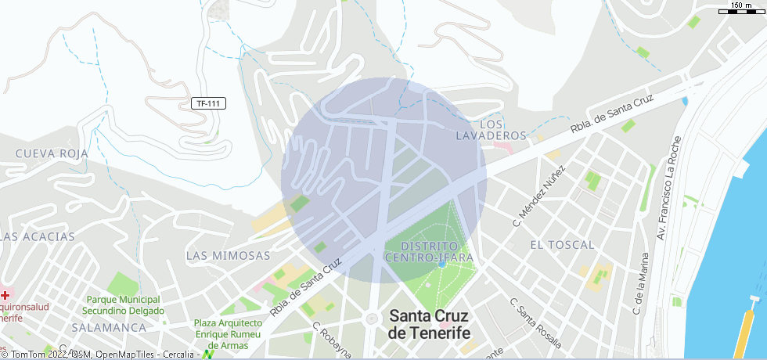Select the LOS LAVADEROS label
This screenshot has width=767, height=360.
pyautogui.click(x=491, y=130)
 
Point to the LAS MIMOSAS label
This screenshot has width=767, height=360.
pyautogui.click(x=228, y=256)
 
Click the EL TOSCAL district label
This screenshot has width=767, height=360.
pyautogui.click(x=562, y=245)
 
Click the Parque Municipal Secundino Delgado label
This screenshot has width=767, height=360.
pyautogui.click(x=124, y=305)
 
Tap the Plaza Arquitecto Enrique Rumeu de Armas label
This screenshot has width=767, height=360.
pyautogui.click(x=228, y=334)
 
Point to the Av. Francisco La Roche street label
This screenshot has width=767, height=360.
pyautogui.click(x=670, y=187)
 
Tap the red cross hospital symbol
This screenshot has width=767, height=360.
pyautogui.click(x=5, y=295)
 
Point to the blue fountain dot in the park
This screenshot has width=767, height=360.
pyautogui.click(x=442, y=264)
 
